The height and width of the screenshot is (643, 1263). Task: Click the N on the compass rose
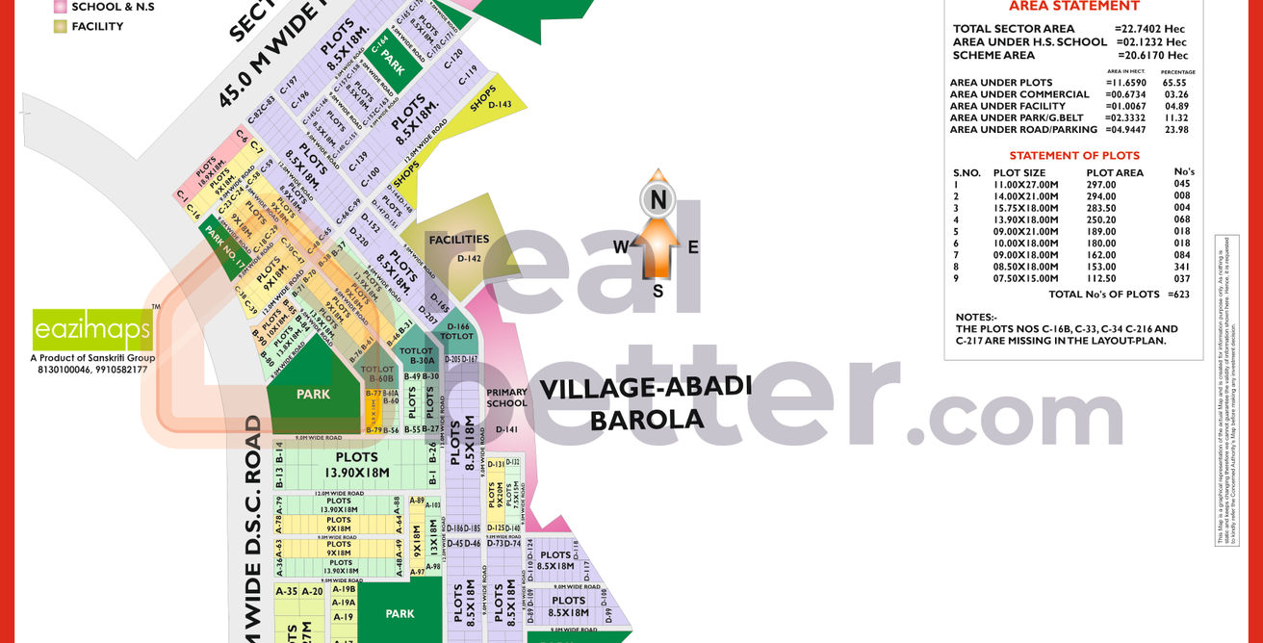657,200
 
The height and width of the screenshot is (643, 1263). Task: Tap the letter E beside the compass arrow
692,246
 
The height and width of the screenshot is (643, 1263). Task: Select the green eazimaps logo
92,330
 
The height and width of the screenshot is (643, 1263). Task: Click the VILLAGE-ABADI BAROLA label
645,403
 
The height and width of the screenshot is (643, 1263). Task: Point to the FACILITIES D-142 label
459,247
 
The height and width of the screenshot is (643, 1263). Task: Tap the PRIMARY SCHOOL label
506,398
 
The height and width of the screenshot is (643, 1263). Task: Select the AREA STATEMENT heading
1073,6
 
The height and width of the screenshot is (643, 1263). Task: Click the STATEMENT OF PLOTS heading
1073,155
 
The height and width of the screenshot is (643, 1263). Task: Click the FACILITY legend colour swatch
61,26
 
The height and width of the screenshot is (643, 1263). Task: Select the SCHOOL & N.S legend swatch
61,7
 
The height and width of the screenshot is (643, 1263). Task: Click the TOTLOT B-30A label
416,356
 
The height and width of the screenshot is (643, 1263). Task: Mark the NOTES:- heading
975,318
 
